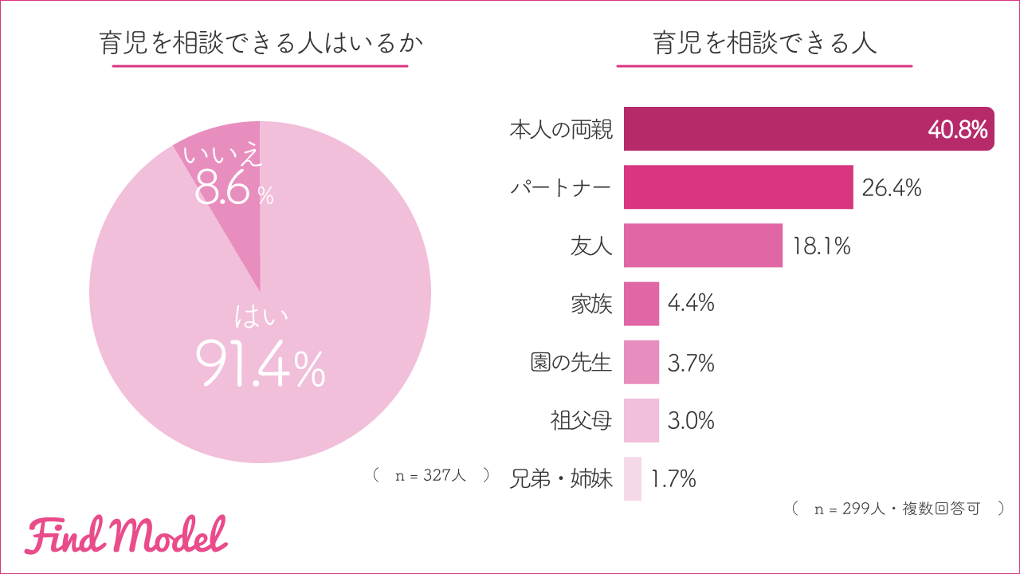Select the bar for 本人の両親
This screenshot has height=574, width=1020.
[797, 129]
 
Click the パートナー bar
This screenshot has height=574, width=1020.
[738, 187]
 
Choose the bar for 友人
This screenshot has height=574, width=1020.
[703, 246]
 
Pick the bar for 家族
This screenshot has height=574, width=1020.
[641, 304]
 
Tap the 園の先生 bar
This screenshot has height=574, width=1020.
[641, 362]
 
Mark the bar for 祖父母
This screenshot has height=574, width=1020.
[641, 420]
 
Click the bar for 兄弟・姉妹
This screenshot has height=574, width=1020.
[633, 478]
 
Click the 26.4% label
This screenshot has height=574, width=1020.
[892, 188]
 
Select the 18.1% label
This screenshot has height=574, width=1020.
[822, 246]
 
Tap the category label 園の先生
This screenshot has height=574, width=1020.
[571, 363]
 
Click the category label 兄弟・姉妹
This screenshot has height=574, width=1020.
[561, 479]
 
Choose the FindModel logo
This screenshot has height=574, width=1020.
[126, 535]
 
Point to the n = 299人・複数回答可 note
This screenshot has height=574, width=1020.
[897, 509]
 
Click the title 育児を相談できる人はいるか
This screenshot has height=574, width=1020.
[260, 43]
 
